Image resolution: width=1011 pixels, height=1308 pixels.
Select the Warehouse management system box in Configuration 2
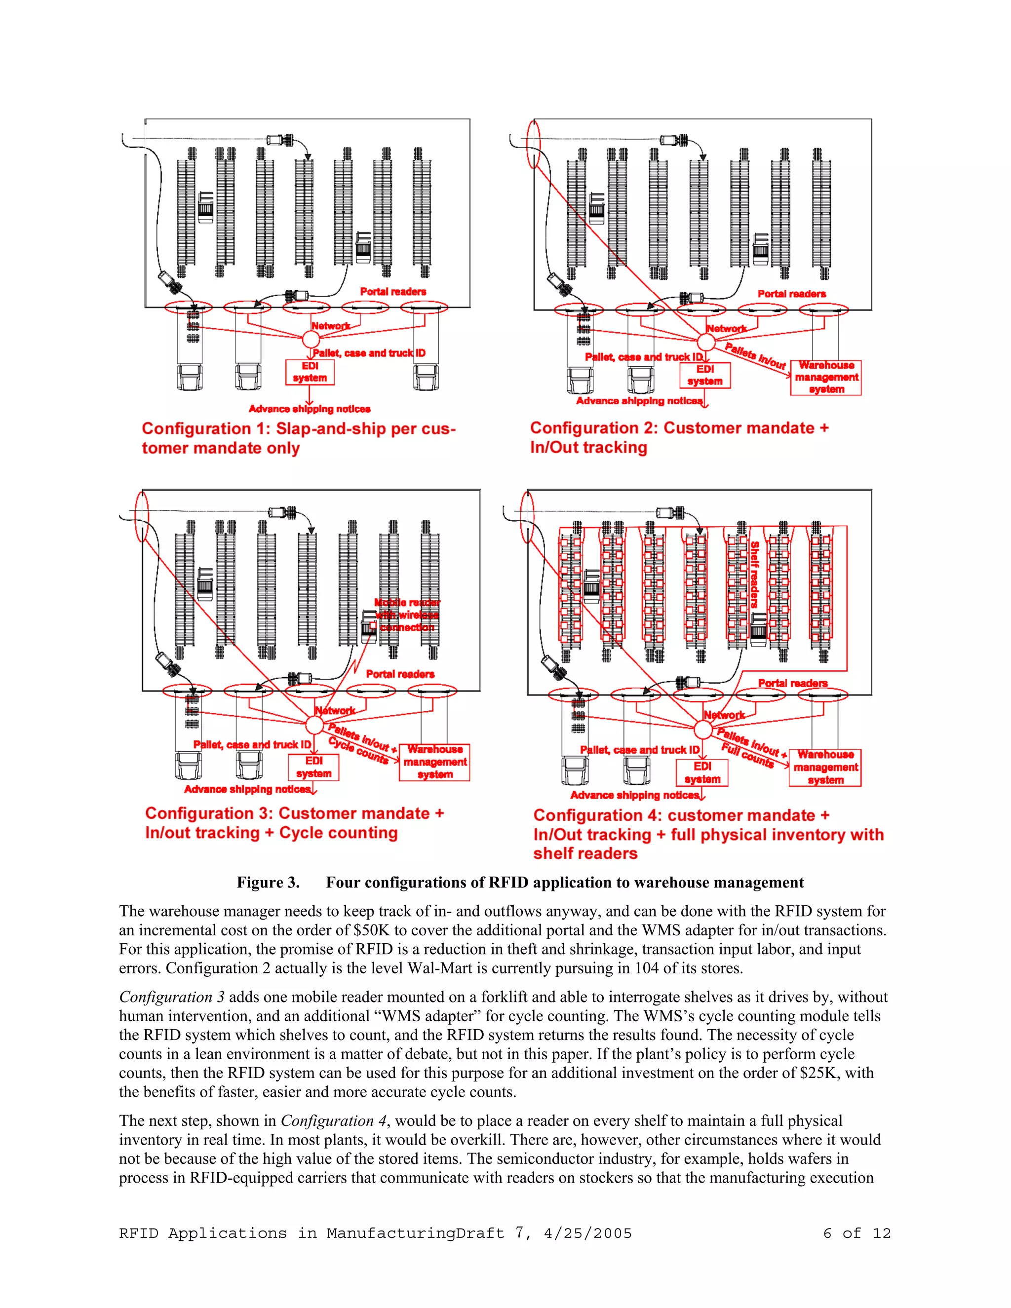[826, 377]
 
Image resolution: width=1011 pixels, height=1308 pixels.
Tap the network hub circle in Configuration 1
[310, 339]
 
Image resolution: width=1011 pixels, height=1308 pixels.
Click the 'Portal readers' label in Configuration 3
[400, 674]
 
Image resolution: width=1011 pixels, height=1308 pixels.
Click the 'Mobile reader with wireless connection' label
[407, 615]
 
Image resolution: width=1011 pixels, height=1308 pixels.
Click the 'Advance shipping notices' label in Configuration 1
[310, 409]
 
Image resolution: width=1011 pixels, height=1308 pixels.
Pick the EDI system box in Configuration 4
[702, 772]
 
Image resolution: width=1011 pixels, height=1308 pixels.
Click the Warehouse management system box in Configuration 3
[435, 762]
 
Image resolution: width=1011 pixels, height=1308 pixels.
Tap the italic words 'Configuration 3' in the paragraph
[172, 997]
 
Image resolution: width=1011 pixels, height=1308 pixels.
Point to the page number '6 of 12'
[856, 1233]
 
